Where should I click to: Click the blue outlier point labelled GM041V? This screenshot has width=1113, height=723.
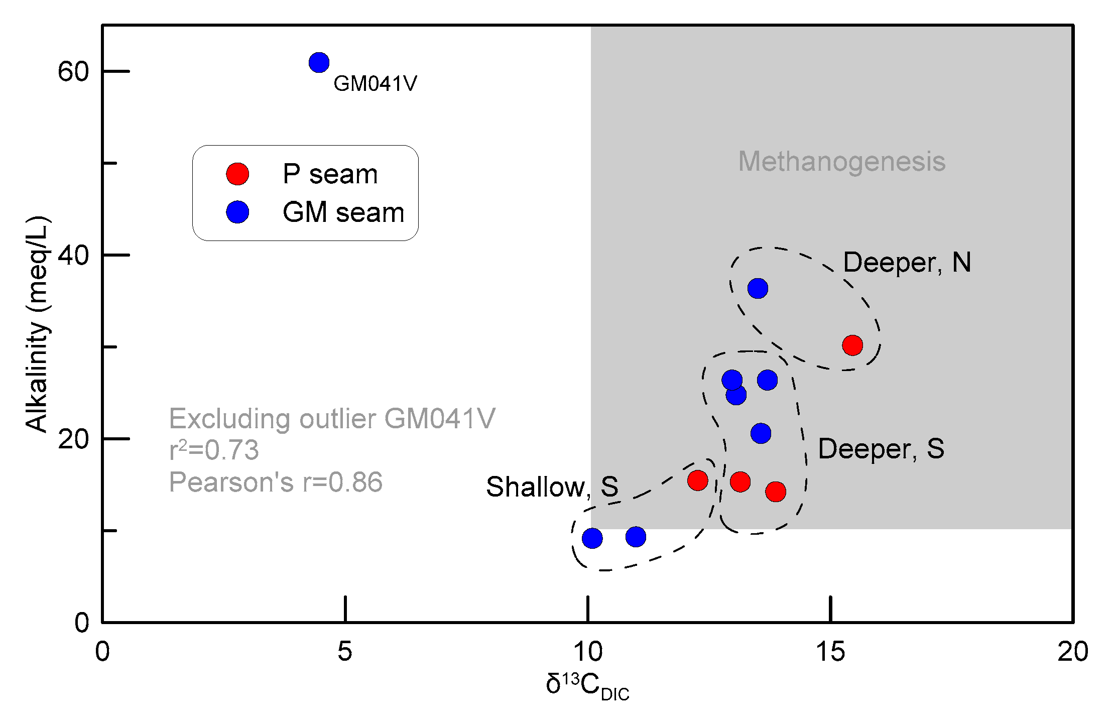(x=319, y=63)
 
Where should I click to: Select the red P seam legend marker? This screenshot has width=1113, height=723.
(x=237, y=174)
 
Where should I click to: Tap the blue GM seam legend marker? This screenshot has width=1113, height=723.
(x=237, y=212)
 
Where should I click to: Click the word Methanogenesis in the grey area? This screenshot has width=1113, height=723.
(x=841, y=162)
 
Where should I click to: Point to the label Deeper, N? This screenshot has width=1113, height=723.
(x=907, y=262)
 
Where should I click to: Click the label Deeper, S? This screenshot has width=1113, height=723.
(x=881, y=448)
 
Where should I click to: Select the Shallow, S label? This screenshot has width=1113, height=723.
(x=552, y=487)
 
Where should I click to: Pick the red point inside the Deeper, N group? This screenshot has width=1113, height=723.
(x=852, y=345)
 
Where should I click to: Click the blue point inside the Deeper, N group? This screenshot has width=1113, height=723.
(x=758, y=288)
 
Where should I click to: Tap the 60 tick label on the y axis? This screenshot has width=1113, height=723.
(x=73, y=71)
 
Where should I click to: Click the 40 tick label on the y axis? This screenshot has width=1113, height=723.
(x=73, y=255)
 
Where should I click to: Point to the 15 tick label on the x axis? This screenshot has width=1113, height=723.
(x=830, y=652)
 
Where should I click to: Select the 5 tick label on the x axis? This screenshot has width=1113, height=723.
(x=345, y=652)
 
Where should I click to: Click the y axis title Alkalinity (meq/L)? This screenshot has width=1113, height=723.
(x=37, y=324)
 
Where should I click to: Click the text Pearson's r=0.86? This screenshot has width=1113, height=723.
(x=276, y=482)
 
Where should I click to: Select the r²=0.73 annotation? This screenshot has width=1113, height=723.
(x=214, y=450)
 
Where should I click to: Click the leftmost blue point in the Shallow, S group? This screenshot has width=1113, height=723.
(x=592, y=538)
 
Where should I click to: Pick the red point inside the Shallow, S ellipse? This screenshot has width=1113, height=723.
(x=697, y=480)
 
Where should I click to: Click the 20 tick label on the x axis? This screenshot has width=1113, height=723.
(x=1072, y=652)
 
